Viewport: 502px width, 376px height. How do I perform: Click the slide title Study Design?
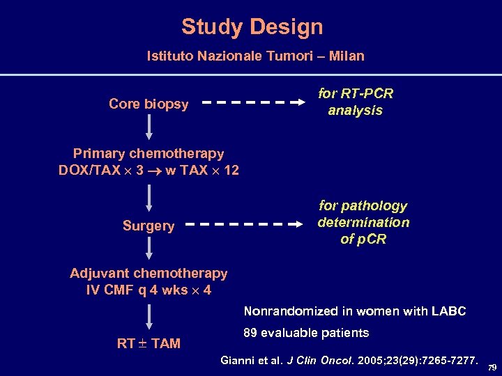pyautogui.click(x=252, y=26)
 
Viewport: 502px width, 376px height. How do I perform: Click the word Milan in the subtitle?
pyautogui.click(x=347, y=56)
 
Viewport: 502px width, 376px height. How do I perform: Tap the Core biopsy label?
pyautogui.click(x=149, y=104)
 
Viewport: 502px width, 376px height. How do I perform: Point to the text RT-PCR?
pyautogui.click(x=370, y=93)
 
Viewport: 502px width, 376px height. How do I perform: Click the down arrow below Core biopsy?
pyautogui.click(x=149, y=127)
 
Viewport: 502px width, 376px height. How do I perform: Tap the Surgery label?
pyautogui.click(x=149, y=226)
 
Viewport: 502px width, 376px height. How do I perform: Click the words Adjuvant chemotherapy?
pyautogui.click(x=149, y=274)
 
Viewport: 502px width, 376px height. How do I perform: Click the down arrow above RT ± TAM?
pyautogui.click(x=149, y=318)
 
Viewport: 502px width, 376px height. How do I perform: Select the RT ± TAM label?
pyautogui.click(x=149, y=343)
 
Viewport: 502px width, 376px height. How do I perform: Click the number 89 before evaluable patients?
pyautogui.click(x=250, y=333)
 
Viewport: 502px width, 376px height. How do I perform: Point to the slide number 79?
pyautogui.click(x=492, y=367)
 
